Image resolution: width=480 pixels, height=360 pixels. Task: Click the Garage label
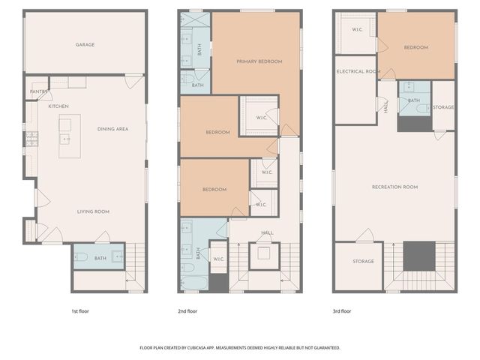point(85,45)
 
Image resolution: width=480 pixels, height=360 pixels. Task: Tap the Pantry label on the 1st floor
point(38,92)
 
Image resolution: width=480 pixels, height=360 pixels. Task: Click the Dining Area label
point(112,129)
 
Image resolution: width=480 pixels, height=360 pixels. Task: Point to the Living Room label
point(93,211)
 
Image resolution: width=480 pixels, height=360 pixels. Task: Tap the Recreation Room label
point(394,187)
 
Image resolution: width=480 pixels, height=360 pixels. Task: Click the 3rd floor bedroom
point(415,48)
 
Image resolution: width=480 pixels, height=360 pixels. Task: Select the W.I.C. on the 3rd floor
point(357,30)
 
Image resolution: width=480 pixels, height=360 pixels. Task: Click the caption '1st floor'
point(80,310)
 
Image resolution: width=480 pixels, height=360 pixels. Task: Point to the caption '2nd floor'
point(187,310)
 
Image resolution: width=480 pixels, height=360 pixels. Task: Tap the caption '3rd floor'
point(342,310)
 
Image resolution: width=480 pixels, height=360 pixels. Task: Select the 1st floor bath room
point(100,259)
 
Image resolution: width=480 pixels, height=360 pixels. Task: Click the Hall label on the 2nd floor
point(267,232)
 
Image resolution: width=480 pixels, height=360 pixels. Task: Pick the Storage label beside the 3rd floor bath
point(443,107)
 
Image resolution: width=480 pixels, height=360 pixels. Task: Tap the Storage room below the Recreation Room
point(364,262)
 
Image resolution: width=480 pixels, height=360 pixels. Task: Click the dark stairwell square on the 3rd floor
point(418,256)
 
